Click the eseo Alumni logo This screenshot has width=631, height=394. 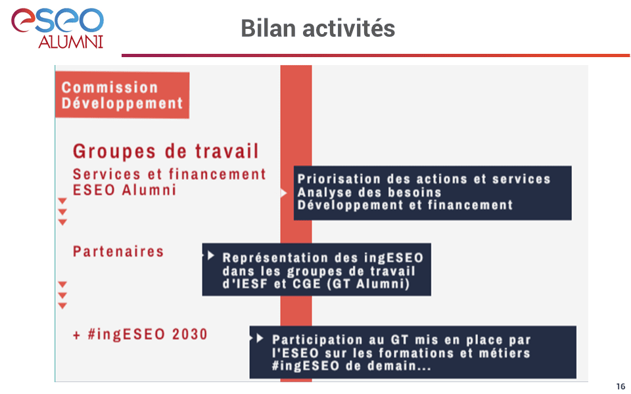(x=58, y=28)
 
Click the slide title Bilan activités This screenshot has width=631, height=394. (x=318, y=28)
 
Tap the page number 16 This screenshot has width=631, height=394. (x=620, y=386)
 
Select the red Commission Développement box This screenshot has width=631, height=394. (x=122, y=95)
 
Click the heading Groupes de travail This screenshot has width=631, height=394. (x=166, y=152)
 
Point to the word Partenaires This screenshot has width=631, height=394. (x=118, y=252)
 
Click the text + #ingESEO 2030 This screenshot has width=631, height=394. (x=140, y=334)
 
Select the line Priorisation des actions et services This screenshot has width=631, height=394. (x=424, y=179)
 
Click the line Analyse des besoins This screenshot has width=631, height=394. (x=369, y=192)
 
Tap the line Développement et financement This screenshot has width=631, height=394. (x=406, y=206)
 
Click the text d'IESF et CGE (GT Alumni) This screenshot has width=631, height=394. (x=316, y=284)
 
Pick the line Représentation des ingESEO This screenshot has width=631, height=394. (x=323, y=257)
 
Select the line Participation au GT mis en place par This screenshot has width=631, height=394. (x=401, y=340)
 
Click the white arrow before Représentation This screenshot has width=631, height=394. (x=211, y=255)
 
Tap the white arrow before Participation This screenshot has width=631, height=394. (x=260, y=339)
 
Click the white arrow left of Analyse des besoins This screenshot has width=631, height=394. (x=284, y=193)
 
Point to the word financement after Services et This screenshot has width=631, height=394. (x=218, y=175)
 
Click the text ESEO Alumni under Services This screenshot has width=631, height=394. (x=124, y=190)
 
